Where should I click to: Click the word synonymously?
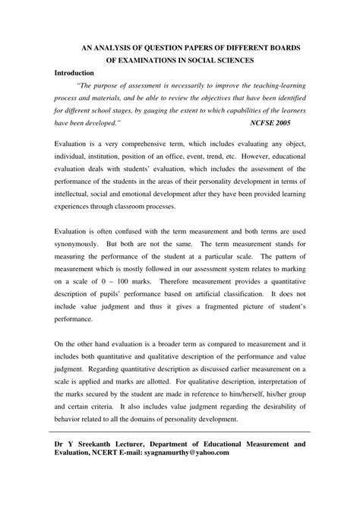click(x=79, y=245)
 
